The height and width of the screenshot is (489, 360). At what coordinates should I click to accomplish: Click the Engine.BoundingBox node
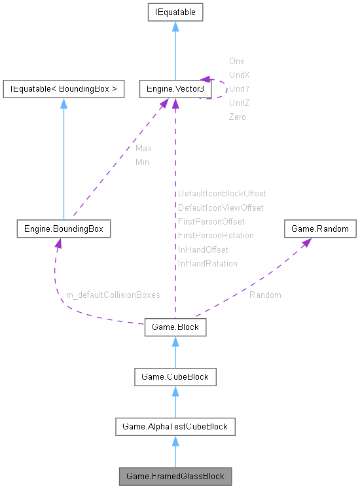63,229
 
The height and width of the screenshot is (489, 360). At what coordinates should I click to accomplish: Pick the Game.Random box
320,229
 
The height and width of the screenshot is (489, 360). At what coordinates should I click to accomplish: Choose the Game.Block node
175,327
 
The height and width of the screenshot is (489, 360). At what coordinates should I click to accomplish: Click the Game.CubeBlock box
175,376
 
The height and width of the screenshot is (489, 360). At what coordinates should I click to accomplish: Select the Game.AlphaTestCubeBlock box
175,426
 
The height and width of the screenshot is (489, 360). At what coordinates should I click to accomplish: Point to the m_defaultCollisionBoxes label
113,295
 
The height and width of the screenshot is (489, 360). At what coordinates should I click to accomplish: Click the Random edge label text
265,295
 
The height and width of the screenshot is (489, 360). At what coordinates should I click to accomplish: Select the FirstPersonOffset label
211,222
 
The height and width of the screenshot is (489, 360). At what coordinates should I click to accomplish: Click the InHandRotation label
207,263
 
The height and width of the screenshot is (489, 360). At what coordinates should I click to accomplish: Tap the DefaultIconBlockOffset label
222,194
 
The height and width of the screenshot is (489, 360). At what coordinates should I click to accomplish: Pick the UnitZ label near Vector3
239,103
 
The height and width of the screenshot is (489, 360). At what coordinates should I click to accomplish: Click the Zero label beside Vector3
237,117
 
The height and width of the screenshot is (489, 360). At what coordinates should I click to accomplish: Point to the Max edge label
143,149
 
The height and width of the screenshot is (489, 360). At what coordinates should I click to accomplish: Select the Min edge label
142,162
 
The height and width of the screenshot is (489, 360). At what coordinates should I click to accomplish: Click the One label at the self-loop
236,61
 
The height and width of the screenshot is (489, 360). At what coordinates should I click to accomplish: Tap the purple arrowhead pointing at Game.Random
304,242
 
